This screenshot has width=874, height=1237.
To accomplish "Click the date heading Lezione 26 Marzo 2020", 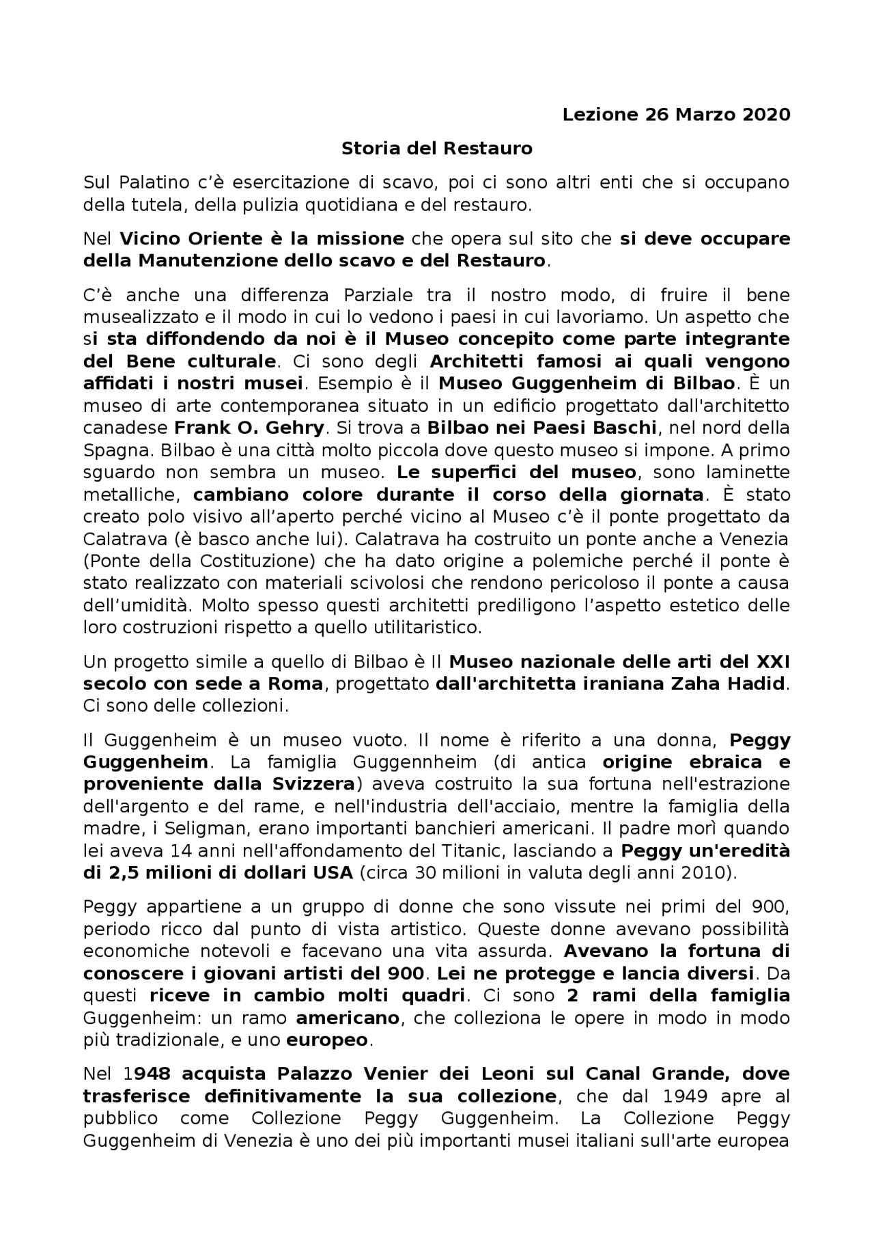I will (x=676, y=115).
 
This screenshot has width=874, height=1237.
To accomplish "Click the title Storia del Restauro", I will (x=436, y=148).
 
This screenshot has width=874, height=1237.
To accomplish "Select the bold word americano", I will (x=348, y=1018).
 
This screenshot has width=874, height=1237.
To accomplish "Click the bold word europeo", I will (x=326, y=1040).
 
